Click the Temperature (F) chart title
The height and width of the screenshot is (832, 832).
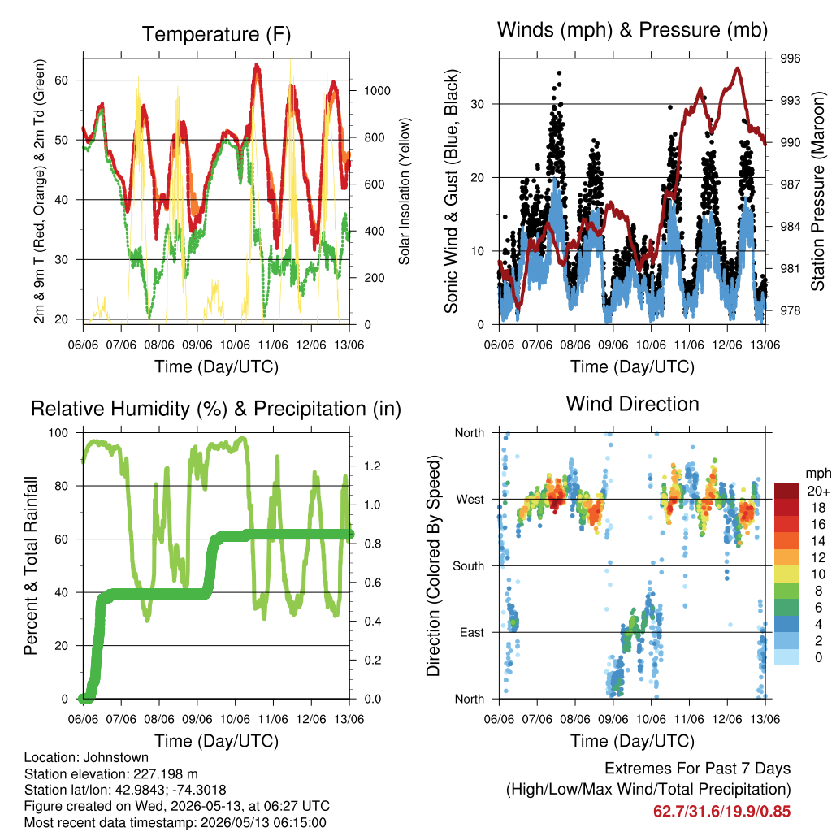point(216,34)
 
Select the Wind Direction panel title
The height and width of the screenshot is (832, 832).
point(632,404)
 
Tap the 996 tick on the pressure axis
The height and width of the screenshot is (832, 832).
point(790,58)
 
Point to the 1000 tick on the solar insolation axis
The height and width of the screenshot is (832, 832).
point(377,91)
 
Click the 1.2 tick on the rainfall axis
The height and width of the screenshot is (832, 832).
point(372,466)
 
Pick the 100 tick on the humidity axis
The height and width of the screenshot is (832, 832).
point(58,433)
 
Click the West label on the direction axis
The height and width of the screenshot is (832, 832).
point(470,500)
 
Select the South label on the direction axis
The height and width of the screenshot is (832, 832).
point(469,566)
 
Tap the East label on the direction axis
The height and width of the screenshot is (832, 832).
point(472,632)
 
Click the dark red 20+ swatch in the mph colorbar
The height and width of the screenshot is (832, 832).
point(786,491)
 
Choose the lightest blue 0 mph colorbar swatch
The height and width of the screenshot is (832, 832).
point(786,657)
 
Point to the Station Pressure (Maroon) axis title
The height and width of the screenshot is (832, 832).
point(817,191)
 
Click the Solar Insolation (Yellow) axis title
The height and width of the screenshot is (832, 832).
point(405,191)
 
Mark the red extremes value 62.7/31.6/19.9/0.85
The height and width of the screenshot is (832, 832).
point(721,812)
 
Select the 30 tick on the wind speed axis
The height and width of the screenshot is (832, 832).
point(478,104)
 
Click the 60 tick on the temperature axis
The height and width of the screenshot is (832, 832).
point(62,80)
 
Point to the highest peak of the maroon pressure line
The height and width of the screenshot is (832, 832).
point(738,68)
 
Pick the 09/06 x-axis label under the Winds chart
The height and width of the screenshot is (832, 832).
point(613,345)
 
